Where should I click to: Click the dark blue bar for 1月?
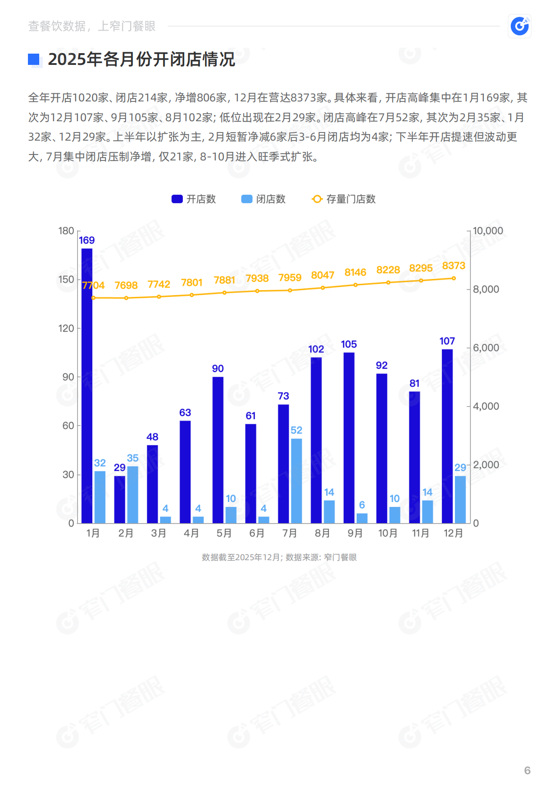[87, 385]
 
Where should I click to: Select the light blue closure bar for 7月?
[296, 480]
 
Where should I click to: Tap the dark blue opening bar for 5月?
[218, 450]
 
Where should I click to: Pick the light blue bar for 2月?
[133, 494]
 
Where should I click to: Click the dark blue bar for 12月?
[447, 436]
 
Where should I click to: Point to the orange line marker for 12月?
[454, 279]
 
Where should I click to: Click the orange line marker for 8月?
[323, 288]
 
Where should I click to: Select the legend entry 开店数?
[194, 199]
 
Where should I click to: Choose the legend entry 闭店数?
[264, 199]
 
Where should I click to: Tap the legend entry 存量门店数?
[344, 199]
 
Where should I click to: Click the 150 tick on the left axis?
[66, 279]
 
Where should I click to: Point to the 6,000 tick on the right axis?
[486, 348]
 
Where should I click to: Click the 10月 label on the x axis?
[388, 534]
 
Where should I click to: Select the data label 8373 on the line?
[454, 266]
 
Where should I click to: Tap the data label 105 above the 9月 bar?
[349, 345]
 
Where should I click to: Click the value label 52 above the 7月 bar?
[296, 430]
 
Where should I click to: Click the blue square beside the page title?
[34, 59]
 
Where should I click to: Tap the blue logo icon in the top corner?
[520, 26]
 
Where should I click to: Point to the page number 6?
[527, 771]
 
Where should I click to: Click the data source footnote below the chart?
[279, 557]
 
